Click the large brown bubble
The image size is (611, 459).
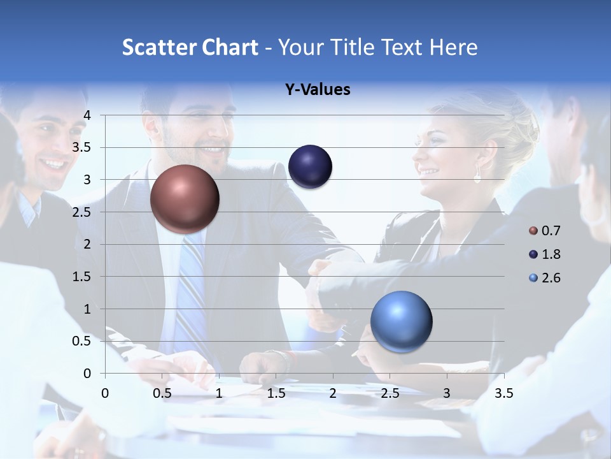pos(185,199)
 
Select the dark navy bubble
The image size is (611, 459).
pos(310,166)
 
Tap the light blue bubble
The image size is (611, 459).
pos(401,321)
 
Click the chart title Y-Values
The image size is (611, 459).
pos(318,90)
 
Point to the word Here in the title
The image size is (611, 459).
pos(453,47)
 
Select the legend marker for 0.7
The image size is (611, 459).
pos(533,231)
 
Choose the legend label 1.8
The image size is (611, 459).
pos(551,254)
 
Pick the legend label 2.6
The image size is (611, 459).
pos(551,278)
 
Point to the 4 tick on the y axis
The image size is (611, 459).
pos(87,115)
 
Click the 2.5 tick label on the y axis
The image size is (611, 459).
pos(82,212)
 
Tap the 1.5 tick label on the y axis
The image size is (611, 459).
pos(82,277)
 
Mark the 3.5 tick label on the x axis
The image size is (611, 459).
pos(503,393)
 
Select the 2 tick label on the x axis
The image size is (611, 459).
pos(333,393)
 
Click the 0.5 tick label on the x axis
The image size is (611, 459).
pos(162,393)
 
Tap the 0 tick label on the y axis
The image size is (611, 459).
pos(87,374)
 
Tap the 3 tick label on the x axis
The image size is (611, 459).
pos(447,393)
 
